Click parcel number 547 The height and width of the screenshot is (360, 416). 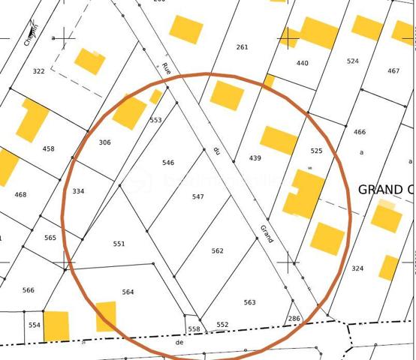click(x=197, y=197)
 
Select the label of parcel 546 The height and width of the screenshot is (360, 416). click(x=168, y=163)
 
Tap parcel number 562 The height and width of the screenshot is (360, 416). click(x=217, y=251)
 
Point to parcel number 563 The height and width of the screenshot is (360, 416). click(x=249, y=302)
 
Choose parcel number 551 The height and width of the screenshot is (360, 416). click(x=119, y=244)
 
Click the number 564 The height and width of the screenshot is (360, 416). click(x=128, y=292)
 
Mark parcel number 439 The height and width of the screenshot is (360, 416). click(x=255, y=158)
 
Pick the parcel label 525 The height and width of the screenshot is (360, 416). click(x=316, y=151)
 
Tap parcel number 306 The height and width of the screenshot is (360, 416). click(x=104, y=142)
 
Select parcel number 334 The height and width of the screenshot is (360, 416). click(x=78, y=191)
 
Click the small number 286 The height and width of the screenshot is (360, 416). click(x=294, y=319)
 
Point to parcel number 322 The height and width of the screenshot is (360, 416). click(x=38, y=71)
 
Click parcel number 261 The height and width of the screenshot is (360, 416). click(x=241, y=47)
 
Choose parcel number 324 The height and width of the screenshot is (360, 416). click(x=357, y=268)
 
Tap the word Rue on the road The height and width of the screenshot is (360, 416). click(x=166, y=68)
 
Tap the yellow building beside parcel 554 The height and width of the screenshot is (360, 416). click(x=56, y=325)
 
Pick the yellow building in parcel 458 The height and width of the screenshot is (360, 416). click(x=32, y=120)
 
